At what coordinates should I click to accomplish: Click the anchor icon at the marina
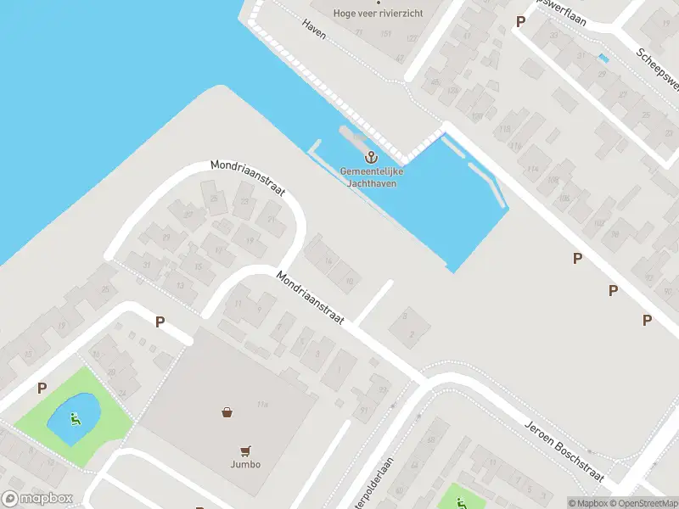click(371, 157)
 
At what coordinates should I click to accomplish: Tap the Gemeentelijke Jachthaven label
click(372, 176)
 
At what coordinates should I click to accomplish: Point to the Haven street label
click(314, 25)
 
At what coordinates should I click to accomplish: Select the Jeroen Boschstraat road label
click(564, 441)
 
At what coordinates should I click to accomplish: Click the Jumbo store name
click(244, 464)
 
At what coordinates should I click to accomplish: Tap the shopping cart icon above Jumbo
click(245, 450)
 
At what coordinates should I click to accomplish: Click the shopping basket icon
click(227, 413)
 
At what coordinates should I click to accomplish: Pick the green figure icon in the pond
click(75, 417)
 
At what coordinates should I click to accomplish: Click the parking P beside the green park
click(42, 389)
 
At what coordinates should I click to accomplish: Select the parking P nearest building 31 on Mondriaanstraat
click(160, 322)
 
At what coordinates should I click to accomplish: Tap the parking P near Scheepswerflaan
click(520, 21)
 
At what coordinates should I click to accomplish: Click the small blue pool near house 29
click(603, 58)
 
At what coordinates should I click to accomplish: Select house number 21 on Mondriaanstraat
click(272, 219)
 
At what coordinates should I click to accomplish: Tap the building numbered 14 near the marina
click(328, 260)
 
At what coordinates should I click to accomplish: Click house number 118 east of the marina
click(504, 130)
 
